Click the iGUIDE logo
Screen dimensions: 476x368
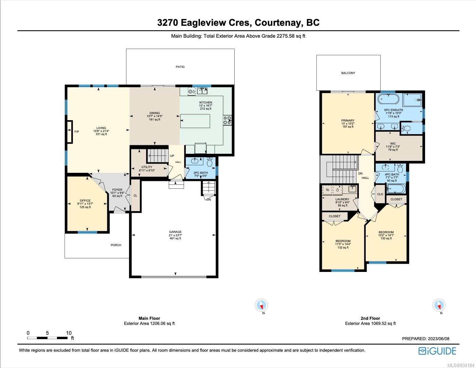click(x=437, y=351)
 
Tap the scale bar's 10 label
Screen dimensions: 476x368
click(x=69, y=333)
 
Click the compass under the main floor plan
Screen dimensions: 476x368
click(x=261, y=305)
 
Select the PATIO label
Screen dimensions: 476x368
click(x=180, y=67)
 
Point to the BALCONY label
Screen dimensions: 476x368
click(x=348, y=73)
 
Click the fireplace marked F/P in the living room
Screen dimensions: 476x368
click(x=70, y=132)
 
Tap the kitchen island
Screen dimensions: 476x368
click(x=195, y=121)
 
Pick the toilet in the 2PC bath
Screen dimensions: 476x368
click(x=209, y=162)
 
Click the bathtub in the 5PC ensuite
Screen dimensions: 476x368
click(x=388, y=99)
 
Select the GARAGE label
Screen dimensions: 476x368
click(x=175, y=232)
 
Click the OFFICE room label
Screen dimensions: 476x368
click(x=85, y=200)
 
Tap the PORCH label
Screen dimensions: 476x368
click(x=116, y=245)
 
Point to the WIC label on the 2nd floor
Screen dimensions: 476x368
click(x=393, y=144)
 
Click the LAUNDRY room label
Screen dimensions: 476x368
click(x=342, y=199)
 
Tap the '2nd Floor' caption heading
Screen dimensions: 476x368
click(x=370, y=318)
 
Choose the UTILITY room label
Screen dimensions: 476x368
click(x=147, y=167)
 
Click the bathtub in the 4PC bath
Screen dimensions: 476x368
click(x=396, y=189)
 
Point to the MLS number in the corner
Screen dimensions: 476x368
click(x=461, y=365)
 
